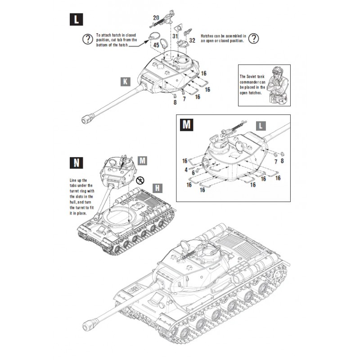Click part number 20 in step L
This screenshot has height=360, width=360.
click(x=156, y=18)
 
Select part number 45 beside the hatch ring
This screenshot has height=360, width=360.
click(x=157, y=45)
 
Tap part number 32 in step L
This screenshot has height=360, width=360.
click(x=192, y=40)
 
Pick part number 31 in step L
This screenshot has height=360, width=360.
click(x=175, y=36)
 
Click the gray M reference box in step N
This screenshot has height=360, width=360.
click(x=142, y=160)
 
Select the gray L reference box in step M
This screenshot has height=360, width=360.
click(x=260, y=126)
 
